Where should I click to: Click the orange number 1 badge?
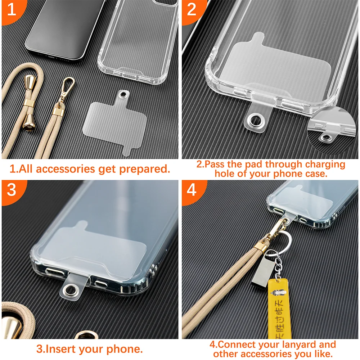coord(12,10)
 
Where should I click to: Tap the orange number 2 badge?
coord(192,10)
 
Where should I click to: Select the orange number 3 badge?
coord(12,190)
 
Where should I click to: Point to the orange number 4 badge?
coord(192,190)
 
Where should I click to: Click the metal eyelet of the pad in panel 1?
coord(124,94)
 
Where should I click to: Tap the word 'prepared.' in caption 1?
coord(145,170)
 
